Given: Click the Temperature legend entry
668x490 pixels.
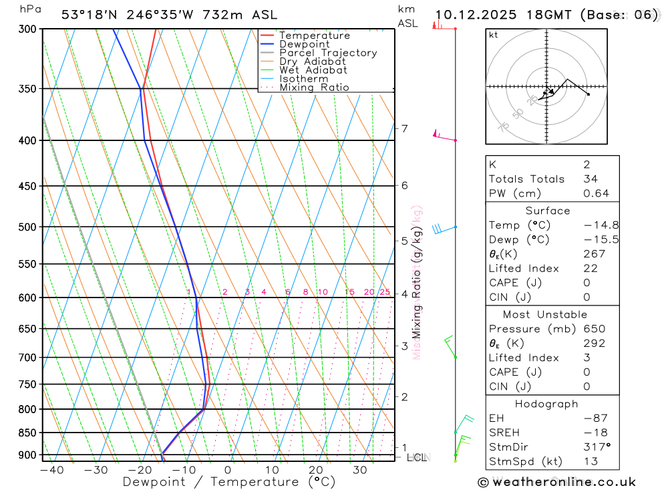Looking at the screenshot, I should (314, 35).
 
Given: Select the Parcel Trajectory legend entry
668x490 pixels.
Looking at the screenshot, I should (327, 53).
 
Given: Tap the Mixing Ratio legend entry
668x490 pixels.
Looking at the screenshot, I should (314, 88).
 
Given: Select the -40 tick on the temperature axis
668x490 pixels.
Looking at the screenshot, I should (51, 470).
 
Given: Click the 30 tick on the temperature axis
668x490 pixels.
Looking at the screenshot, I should (359, 470).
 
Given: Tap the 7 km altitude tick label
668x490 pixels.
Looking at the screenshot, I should (404, 128).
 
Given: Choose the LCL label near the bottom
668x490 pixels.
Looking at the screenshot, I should (417, 458).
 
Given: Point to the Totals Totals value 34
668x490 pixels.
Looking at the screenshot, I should (590, 179).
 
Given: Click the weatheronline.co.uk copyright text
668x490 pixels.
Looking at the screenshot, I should (556, 482).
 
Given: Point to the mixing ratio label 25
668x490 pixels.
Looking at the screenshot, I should (385, 292).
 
